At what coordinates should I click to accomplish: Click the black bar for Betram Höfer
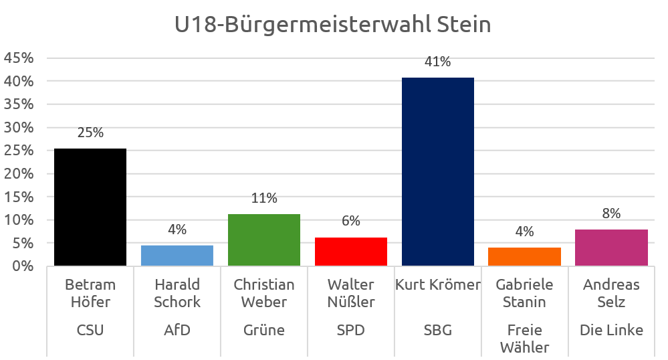(90, 207)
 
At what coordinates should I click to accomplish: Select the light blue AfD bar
(177, 256)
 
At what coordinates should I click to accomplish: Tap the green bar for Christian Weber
(264, 240)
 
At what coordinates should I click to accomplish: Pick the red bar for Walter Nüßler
(351, 252)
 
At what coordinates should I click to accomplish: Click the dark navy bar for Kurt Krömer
(438, 172)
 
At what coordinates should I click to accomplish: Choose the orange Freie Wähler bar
(525, 257)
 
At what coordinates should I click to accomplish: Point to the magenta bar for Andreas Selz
(612, 248)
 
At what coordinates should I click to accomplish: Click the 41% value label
(438, 62)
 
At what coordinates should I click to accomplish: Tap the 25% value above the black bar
(90, 132)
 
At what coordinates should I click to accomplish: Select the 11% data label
(264, 198)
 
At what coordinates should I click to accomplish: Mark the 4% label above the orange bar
(525, 232)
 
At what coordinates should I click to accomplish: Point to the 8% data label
(612, 213)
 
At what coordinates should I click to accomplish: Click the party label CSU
(90, 330)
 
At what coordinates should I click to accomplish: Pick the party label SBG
(438, 330)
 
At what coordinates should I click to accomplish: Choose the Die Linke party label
(612, 330)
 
